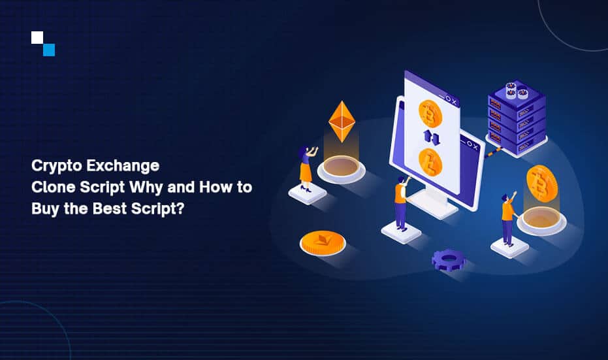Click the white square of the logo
[x=37, y=37]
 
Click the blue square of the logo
[x=49, y=50]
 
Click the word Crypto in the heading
[x=57, y=166]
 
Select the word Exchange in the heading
[x=123, y=166]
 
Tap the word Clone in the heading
[x=54, y=187]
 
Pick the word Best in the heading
[x=110, y=208]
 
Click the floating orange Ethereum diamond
[x=342, y=122]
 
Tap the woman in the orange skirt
[x=307, y=169]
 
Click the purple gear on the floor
[x=449, y=259]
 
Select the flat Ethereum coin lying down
[x=323, y=243]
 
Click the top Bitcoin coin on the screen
[x=430, y=114]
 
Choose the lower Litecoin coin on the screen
[x=430, y=163]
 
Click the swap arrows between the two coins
[x=431, y=138]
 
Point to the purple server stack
[x=517, y=118]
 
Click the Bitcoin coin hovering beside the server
[x=541, y=184]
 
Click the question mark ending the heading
[x=180, y=208]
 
